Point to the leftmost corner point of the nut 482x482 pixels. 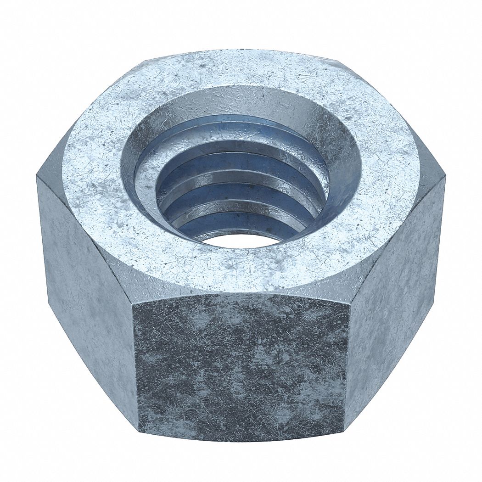click(37, 177)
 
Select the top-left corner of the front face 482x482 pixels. click(134, 304)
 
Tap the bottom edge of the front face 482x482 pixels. click(241, 434)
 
